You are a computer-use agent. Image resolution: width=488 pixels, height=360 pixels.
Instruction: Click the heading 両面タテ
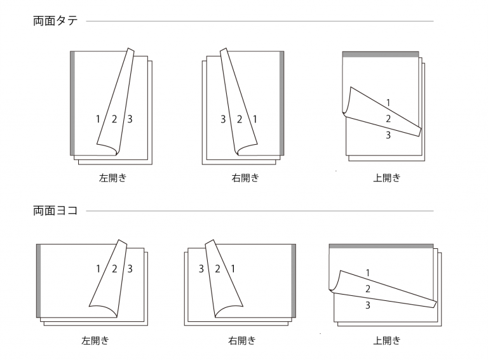(55, 21)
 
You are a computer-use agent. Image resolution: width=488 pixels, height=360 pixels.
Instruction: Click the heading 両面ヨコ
(55, 211)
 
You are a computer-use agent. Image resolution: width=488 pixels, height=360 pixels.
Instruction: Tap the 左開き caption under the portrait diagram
(112, 178)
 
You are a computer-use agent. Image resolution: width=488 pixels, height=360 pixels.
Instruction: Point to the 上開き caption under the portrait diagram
(386, 178)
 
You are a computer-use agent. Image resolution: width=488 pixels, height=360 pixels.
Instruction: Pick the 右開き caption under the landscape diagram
(241, 340)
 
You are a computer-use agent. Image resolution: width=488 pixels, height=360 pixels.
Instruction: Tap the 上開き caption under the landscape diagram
(386, 340)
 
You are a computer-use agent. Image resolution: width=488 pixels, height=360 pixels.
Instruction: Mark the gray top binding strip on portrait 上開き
(381, 55)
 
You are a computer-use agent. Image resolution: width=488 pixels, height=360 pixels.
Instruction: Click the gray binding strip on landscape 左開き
(39, 279)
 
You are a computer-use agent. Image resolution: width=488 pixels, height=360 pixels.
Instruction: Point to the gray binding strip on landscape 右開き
(293, 279)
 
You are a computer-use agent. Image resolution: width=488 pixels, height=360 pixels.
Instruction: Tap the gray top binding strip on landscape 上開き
(381, 246)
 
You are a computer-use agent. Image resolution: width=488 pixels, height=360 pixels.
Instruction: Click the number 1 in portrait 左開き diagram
(98, 119)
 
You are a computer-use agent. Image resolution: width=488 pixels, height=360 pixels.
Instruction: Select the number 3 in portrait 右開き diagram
(223, 119)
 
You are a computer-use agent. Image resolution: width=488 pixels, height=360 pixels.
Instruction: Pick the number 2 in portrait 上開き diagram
(388, 119)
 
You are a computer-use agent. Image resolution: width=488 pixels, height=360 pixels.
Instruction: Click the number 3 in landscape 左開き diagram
(130, 269)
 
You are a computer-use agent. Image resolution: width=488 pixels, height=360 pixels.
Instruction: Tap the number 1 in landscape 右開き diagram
(233, 269)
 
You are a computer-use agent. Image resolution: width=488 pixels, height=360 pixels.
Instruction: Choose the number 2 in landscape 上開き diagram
(368, 289)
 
